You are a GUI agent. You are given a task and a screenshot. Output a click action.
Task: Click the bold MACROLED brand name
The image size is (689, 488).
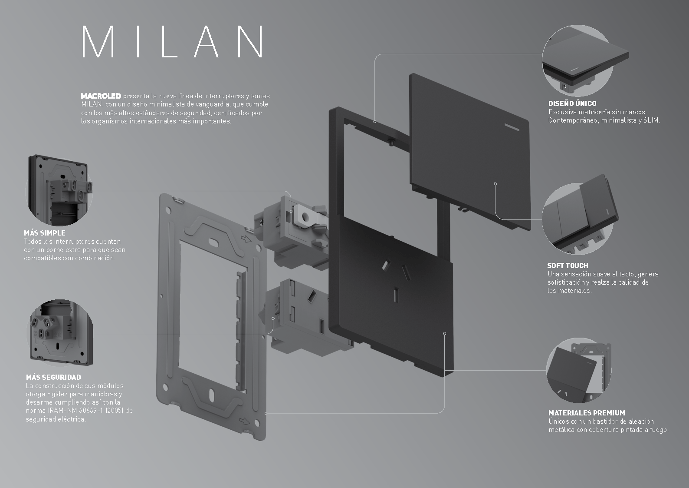(x=101, y=96)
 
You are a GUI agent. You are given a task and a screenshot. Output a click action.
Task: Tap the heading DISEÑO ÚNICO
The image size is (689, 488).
(x=572, y=103)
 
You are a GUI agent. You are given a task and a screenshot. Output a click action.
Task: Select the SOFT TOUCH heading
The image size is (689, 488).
(x=568, y=266)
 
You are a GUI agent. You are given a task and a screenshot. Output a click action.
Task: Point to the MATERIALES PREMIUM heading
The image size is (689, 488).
(x=587, y=413)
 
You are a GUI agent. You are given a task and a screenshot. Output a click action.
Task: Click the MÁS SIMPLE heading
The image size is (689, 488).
(x=45, y=233)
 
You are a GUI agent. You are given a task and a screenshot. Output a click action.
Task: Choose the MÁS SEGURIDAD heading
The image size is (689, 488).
(x=53, y=377)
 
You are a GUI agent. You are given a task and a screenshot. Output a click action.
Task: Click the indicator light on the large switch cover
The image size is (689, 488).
(x=512, y=128)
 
